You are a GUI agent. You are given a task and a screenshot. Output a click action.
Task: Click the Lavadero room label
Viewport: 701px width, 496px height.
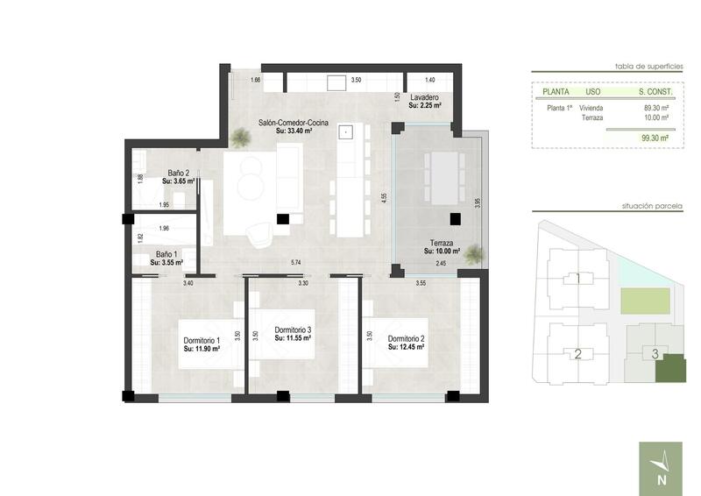(x=424, y=97)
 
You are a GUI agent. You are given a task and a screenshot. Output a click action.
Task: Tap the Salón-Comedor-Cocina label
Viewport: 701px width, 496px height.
(x=293, y=124)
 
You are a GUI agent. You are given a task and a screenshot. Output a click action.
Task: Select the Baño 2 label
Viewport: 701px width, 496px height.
(x=180, y=174)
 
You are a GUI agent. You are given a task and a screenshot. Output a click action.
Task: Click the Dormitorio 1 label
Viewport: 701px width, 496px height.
(x=201, y=340)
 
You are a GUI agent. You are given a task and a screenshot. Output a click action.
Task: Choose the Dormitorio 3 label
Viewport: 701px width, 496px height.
(x=293, y=330)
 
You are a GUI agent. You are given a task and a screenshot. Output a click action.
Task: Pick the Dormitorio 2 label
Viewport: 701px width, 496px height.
(x=406, y=339)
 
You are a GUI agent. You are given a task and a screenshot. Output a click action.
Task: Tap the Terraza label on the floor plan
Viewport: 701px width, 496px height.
(x=442, y=243)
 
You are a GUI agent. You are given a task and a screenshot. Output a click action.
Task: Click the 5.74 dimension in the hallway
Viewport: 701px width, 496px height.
(x=295, y=262)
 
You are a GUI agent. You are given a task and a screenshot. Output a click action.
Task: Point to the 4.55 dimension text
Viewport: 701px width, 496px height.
(x=384, y=197)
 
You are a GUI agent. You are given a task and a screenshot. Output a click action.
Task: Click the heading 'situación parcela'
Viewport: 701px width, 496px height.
(x=652, y=207)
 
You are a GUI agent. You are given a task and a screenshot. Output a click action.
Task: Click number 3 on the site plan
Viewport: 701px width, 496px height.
(x=655, y=354)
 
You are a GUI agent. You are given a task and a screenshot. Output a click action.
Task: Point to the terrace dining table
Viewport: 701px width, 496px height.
(x=443, y=178)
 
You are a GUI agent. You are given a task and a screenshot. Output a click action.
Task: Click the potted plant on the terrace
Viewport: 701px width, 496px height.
(x=473, y=255)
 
